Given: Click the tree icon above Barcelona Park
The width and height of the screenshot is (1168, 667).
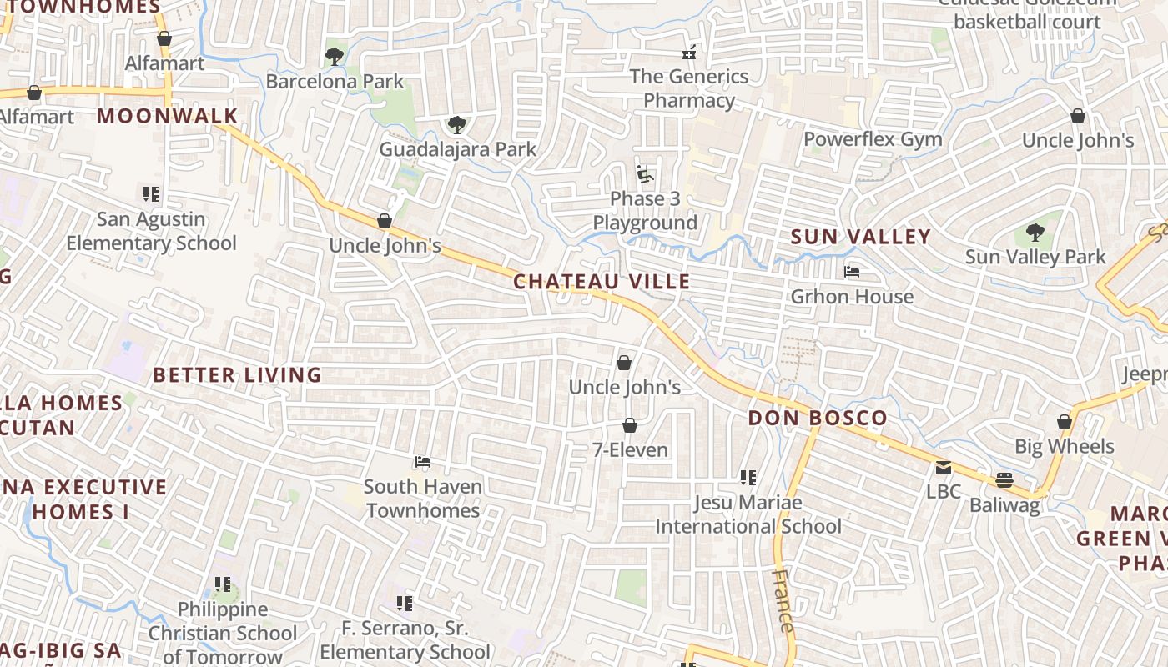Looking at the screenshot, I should [x=335, y=57].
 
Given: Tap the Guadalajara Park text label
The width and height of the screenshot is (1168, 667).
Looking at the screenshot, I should [x=458, y=150].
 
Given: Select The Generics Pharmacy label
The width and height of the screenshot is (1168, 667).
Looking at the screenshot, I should [x=688, y=88].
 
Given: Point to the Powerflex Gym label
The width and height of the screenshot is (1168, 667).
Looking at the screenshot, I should [x=873, y=139].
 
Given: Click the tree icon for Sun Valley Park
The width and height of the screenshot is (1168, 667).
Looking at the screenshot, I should [x=1035, y=233].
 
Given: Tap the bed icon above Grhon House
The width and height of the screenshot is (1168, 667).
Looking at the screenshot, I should [x=852, y=272].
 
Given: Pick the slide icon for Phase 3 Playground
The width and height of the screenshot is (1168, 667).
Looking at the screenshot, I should [x=645, y=174].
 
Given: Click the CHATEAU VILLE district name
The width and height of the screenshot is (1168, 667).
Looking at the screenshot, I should [x=602, y=282].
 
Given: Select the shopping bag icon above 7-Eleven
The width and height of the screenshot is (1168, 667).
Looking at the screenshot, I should [x=630, y=426].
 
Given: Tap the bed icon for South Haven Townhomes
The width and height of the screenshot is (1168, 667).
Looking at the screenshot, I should [x=423, y=462].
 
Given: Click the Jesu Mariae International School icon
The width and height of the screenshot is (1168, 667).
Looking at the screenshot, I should [x=748, y=478].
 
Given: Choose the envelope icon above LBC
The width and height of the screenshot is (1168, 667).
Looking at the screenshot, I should [x=944, y=468].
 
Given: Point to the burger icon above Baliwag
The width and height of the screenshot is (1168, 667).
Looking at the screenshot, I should [x=1004, y=480].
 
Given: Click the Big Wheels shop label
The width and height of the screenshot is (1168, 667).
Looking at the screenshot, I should [x=1064, y=447].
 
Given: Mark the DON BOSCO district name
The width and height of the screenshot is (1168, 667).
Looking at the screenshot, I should [x=818, y=419].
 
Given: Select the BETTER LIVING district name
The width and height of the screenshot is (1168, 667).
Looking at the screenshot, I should [x=238, y=375].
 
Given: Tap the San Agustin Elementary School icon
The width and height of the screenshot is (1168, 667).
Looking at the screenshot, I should [x=151, y=194].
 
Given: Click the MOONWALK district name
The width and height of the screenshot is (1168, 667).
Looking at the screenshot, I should [x=168, y=116].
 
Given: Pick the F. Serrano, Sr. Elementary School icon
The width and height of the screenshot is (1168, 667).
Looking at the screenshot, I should [x=405, y=603].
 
